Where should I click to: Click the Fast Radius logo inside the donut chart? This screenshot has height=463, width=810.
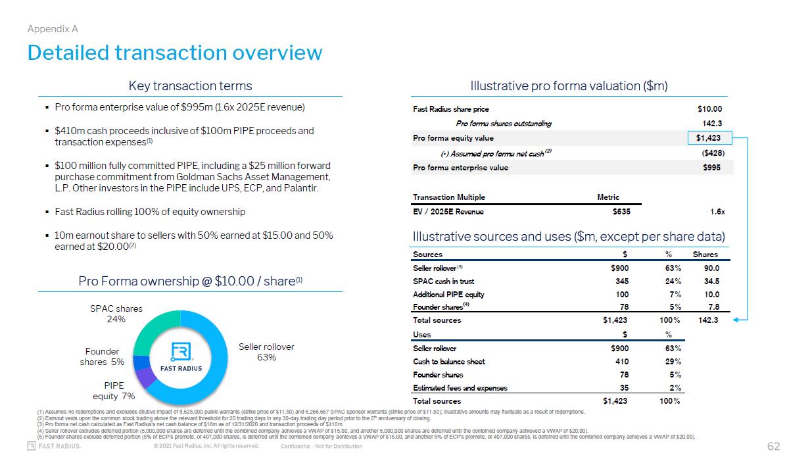pos(181,356)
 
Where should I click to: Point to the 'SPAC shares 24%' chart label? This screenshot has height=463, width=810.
pos(116,314)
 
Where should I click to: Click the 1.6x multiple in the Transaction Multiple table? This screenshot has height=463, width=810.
pos(717,212)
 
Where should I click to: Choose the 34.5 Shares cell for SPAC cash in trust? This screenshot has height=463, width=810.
pos(711,281)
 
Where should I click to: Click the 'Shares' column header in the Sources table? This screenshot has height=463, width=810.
pos(705,255)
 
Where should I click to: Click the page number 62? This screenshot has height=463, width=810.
pos(773,447)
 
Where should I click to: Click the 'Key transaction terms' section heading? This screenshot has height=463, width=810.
pos(190,86)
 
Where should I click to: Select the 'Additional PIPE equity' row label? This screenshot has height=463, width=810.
pos(448,295)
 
